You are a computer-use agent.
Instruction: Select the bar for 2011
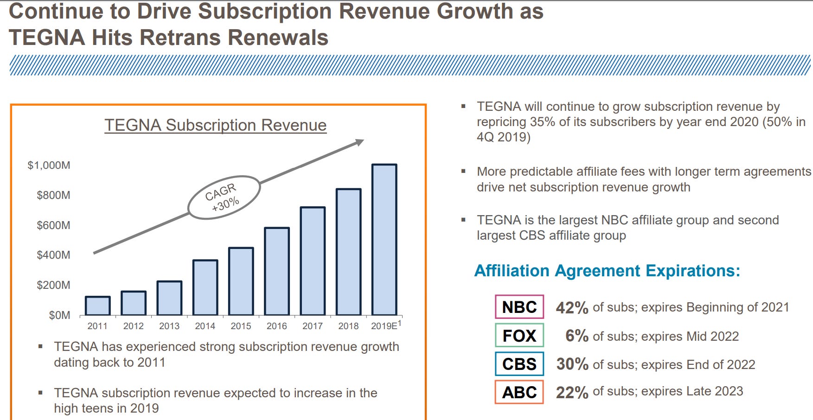coord(97,306)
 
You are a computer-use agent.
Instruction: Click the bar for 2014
coord(205,288)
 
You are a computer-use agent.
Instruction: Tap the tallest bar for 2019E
coord(384,240)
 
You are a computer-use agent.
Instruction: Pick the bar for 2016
coord(277,272)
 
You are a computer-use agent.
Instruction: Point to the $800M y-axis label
coord(53,195)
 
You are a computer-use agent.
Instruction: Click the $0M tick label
coord(59,315)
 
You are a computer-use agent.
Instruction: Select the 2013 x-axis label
coord(169,326)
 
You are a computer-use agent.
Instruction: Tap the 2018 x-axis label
coord(348,326)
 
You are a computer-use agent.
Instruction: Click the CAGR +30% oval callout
coord(224,197)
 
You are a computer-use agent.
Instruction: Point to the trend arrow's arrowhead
coord(359,142)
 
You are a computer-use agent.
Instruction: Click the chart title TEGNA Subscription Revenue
coord(215,125)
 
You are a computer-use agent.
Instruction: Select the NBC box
coord(519,307)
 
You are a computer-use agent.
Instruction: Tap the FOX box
coord(519,336)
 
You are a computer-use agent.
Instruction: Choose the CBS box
coord(519,364)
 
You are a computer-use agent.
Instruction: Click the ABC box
coord(519,392)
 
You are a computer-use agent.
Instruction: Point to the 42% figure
coord(572,308)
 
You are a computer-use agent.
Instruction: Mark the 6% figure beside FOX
coord(576,336)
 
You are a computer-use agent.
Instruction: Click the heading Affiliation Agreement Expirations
coord(607,271)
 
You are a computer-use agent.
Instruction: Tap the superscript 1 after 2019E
coord(399,323)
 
